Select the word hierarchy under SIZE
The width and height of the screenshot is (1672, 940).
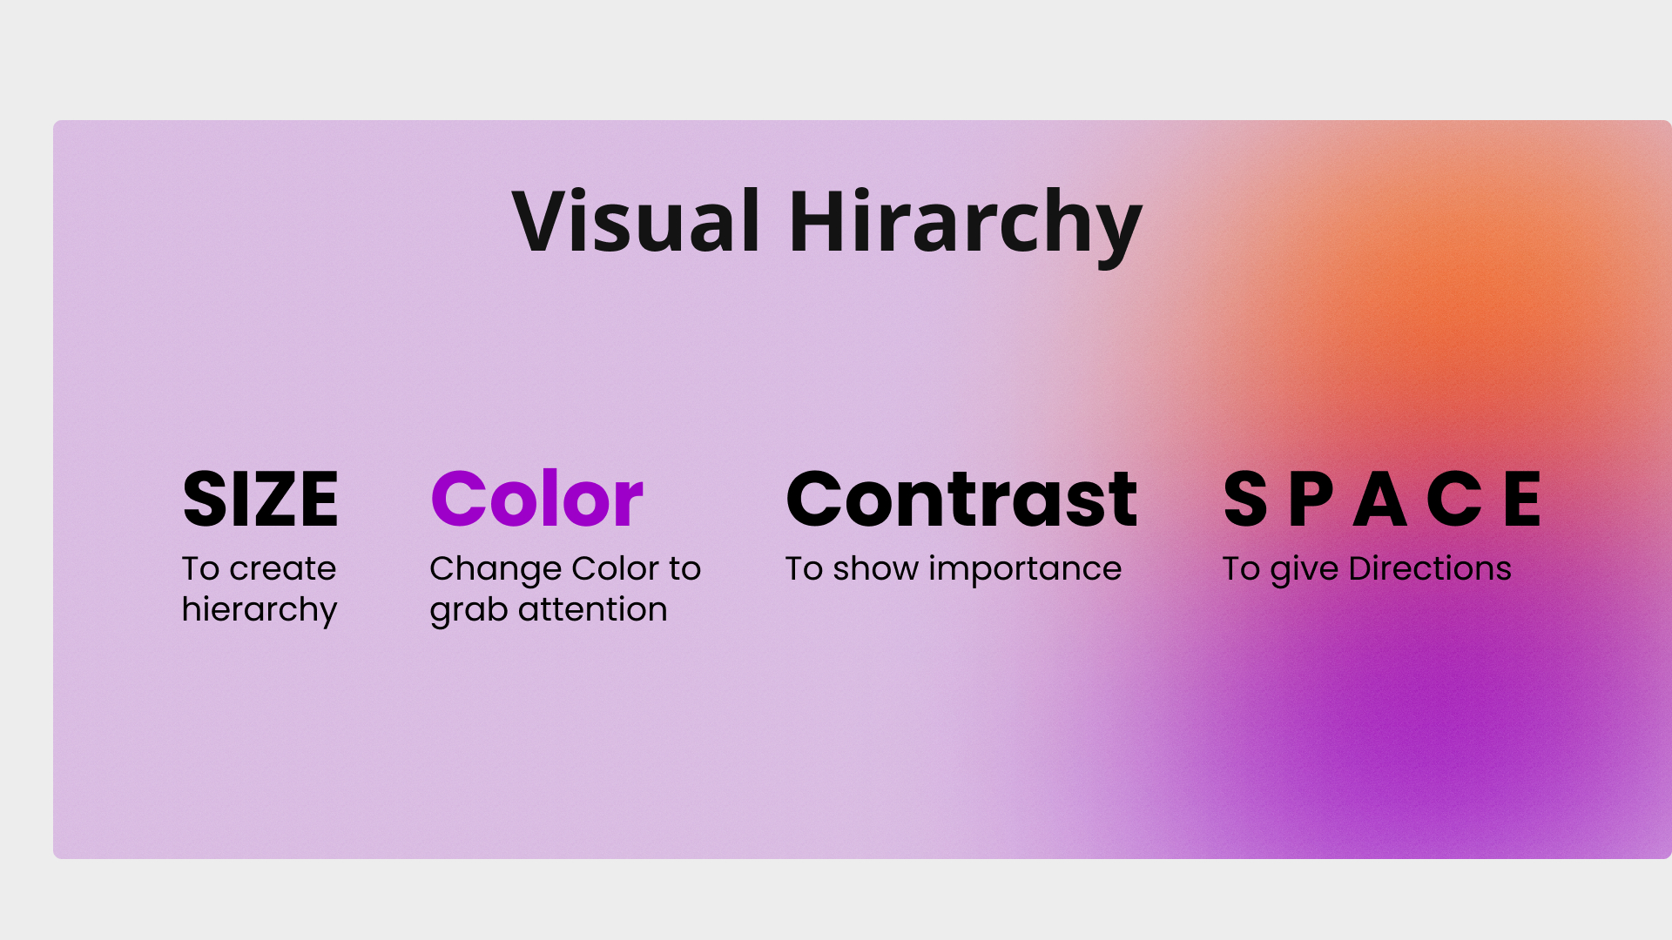[x=260, y=610]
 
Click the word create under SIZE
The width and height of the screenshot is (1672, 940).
[x=283, y=569]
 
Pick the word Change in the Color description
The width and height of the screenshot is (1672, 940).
[x=496, y=570]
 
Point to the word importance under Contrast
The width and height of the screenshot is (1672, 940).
[x=1025, y=570]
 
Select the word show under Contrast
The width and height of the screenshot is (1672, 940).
[x=875, y=569]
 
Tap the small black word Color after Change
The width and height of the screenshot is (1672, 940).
[x=616, y=569]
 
